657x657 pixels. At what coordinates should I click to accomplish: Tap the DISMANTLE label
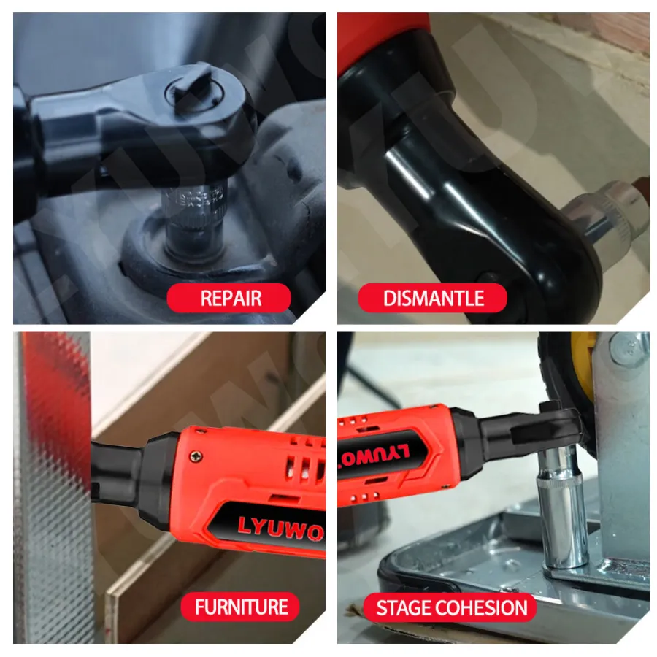(434, 298)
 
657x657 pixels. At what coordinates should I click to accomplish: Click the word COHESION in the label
(479, 607)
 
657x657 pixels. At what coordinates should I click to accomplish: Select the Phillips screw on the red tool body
(194, 456)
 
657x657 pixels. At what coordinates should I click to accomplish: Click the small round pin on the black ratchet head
(489, 278)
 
